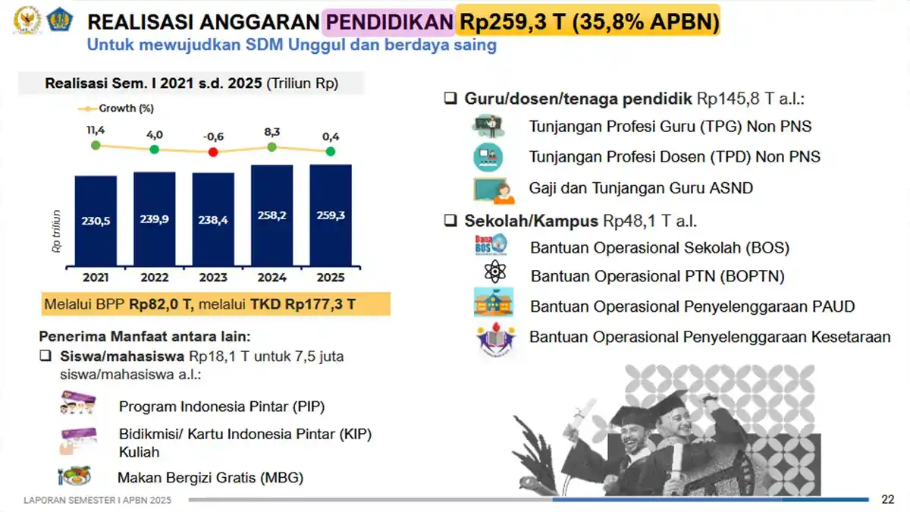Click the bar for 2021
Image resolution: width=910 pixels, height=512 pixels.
[96, 220]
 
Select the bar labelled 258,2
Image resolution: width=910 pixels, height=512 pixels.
[271, 216]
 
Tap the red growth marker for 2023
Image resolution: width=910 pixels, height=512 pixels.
[213, 152]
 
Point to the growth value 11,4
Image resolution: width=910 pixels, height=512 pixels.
[96, 130]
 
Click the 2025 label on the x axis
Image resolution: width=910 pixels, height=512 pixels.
[331, 277]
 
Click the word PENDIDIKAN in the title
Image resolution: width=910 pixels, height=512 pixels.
[388, 23]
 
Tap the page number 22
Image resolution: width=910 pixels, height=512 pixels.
[887, 499]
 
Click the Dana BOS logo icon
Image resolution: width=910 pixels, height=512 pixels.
[491, 245]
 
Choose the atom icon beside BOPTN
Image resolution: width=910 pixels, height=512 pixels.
[494, 272]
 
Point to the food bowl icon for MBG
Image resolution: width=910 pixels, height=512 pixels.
[74, 476]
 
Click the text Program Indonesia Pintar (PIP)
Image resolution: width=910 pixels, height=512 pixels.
[221, 407]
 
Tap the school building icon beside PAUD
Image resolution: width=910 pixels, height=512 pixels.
[494, 302]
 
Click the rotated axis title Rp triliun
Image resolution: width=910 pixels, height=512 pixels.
[58, 231]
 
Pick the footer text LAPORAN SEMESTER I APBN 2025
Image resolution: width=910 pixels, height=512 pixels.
[98, 500]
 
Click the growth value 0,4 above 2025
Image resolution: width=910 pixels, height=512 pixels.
[331, 137]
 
